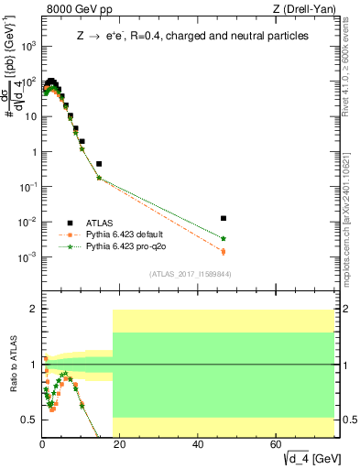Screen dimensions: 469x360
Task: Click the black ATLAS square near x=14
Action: tap(99, 164)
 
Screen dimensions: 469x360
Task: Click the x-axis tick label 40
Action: tap(199, 445)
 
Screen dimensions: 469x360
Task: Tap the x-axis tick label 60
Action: tap(277, 445)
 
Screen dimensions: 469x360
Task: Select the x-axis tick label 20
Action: tap(121, 445)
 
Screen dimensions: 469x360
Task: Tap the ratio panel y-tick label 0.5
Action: tap(30, 420)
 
